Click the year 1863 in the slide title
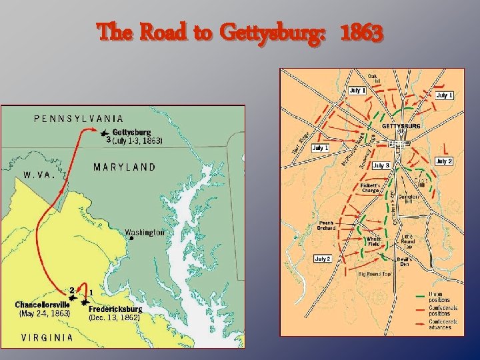click(361, 31)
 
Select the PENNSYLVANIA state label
click(79, 119)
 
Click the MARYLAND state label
click(125, 167)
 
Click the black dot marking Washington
click(131, 239)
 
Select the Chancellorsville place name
click(43, 305)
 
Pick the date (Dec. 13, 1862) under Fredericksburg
click(114, 318)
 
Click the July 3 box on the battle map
click(381, 165)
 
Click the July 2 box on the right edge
click(445, 161)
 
